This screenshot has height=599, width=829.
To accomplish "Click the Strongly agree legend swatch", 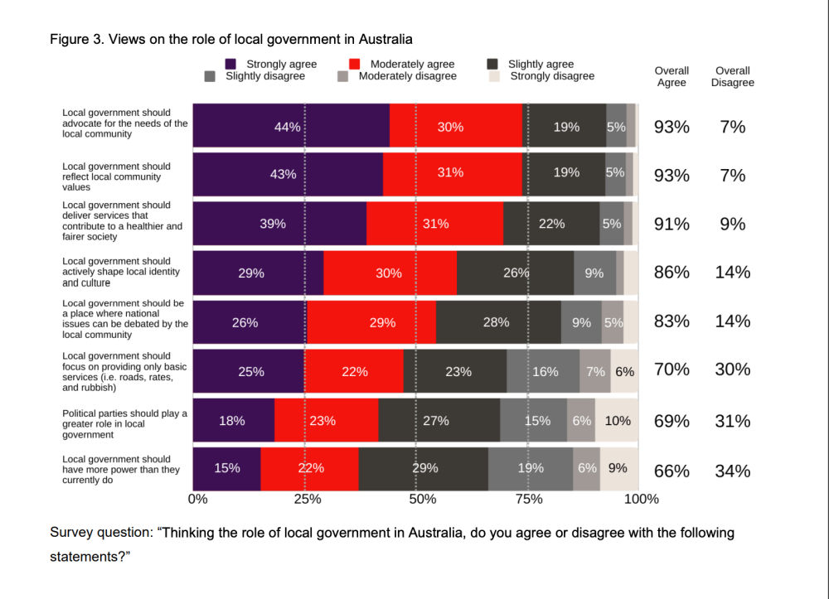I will click(x=231, y=64).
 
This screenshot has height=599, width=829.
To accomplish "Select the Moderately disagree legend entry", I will click(x=407, y=76).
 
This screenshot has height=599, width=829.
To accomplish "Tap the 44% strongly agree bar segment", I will click(x=291, y=127).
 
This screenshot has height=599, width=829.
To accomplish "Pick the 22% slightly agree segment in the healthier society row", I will click(x=551, y=224).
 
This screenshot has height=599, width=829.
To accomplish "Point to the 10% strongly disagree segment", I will click(x=617, y=420).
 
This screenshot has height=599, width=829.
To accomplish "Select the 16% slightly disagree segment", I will click(x=544, y=371).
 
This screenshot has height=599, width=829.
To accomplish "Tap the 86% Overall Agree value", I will click(x=671, y=272).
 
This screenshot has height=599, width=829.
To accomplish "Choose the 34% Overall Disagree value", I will click(x=733, y=471).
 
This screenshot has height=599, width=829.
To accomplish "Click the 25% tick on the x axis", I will click(x=307, y=499).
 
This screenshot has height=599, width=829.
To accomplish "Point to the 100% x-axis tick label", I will click(x=641, y=499).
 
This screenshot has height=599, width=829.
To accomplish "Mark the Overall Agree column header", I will click(x=671, y=76).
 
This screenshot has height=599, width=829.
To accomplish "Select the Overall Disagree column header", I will click(x=733, y=76).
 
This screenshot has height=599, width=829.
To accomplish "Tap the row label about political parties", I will click(x=125, y=423).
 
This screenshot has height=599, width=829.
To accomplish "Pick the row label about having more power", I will click(x=121, y=469).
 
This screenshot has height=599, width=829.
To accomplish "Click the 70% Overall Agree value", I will click(x=671, y=370).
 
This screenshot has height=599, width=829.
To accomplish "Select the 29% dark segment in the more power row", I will click(x=424, y=468).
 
